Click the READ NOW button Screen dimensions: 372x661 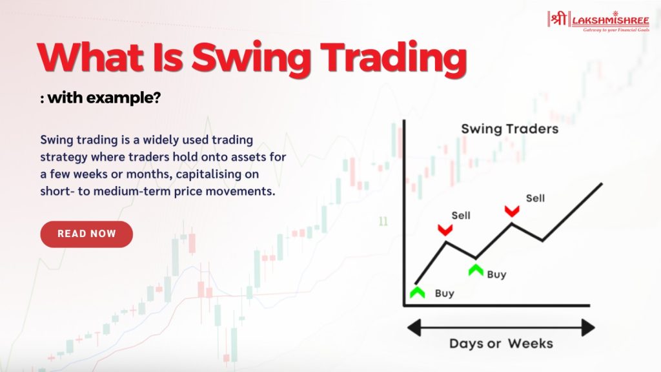click(86, 234)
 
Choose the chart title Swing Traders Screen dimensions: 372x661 click(509, 129)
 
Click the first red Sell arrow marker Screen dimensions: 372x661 click(444, 229)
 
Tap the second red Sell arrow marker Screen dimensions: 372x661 click(512, 210)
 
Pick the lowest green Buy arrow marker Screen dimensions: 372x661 click(417, 293)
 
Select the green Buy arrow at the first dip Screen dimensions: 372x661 click(476, 269)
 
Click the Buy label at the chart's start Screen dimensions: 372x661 click(444, 293)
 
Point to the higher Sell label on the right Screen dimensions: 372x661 click(535, 198)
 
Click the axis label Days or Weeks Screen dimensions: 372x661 click(501, 342)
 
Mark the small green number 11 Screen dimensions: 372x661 click(383, 222)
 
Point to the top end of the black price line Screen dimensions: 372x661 click(602, 183)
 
